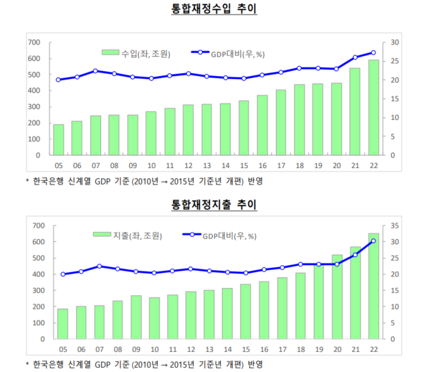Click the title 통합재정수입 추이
click(214, 10)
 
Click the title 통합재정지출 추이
click(214, 205)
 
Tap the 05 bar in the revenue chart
click(58, 140)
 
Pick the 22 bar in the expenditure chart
click(374, 286)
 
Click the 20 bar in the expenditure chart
click(337, 297)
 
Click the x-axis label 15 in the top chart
click(244, 164)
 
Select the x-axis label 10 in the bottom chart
click(151, 348)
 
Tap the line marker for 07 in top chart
click(95, 71)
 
